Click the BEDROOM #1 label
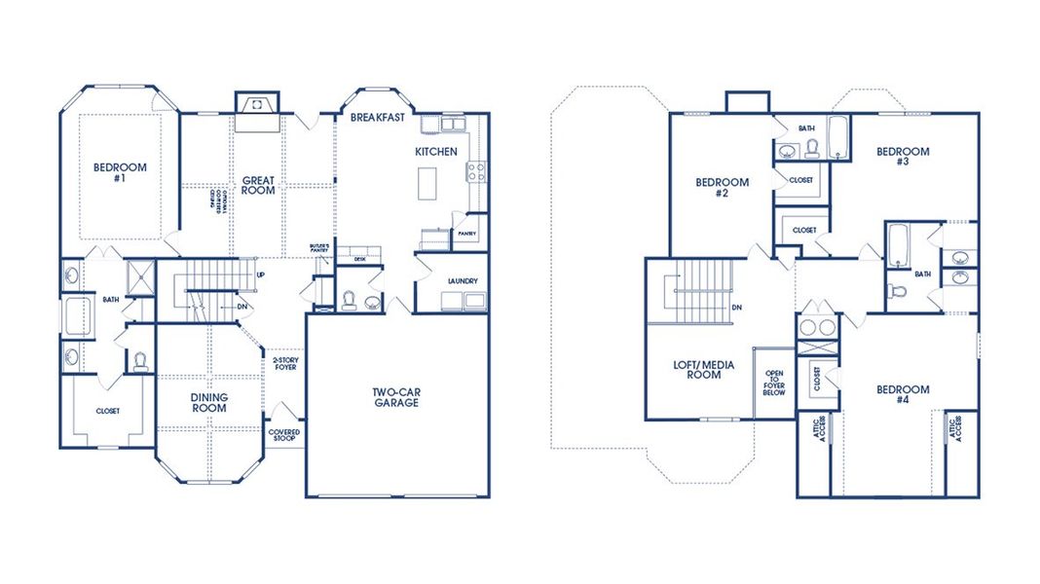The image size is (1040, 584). tap(120, 173)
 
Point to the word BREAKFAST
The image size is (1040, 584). tap(377, 117)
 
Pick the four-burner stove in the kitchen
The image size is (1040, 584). tap(477, 172)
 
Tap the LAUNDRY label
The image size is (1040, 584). tap(463, 281)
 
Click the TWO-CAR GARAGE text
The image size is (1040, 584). tap(395, 398)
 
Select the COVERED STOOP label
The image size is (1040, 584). tap(285, 436)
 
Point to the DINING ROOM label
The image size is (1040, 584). tap(208, 403)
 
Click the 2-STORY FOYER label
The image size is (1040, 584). tap(285, 363)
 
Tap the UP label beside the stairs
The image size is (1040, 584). tap(260, 274)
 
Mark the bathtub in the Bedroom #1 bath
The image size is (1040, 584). tap(77, 317)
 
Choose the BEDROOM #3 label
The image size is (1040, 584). tap(903, 156)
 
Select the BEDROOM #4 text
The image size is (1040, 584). tap(903, 395)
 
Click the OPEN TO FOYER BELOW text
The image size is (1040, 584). tap(774, 383)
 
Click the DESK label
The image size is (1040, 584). tap(359, 259)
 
